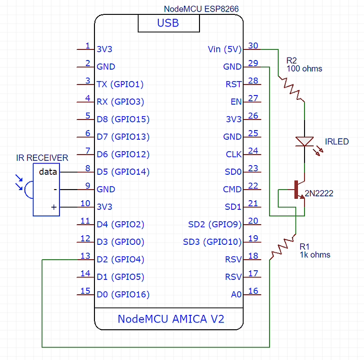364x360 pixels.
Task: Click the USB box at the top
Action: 168,23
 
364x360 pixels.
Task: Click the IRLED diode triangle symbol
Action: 305,141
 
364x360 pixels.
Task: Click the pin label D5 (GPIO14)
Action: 123,172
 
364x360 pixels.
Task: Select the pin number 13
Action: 85,256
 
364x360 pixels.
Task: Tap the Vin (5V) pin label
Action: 225,49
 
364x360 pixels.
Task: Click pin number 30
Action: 253,46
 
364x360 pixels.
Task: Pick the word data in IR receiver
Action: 48,171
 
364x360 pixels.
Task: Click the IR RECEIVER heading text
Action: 42,158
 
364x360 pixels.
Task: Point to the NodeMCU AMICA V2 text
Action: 171,319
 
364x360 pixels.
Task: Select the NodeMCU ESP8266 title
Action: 201,9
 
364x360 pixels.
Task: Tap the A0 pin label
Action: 236,295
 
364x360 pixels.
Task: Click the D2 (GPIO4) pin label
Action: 120,260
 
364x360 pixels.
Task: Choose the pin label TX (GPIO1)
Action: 120,84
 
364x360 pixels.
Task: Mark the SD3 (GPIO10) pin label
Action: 212,242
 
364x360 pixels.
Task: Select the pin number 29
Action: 253,63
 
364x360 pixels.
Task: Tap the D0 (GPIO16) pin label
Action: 123,295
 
